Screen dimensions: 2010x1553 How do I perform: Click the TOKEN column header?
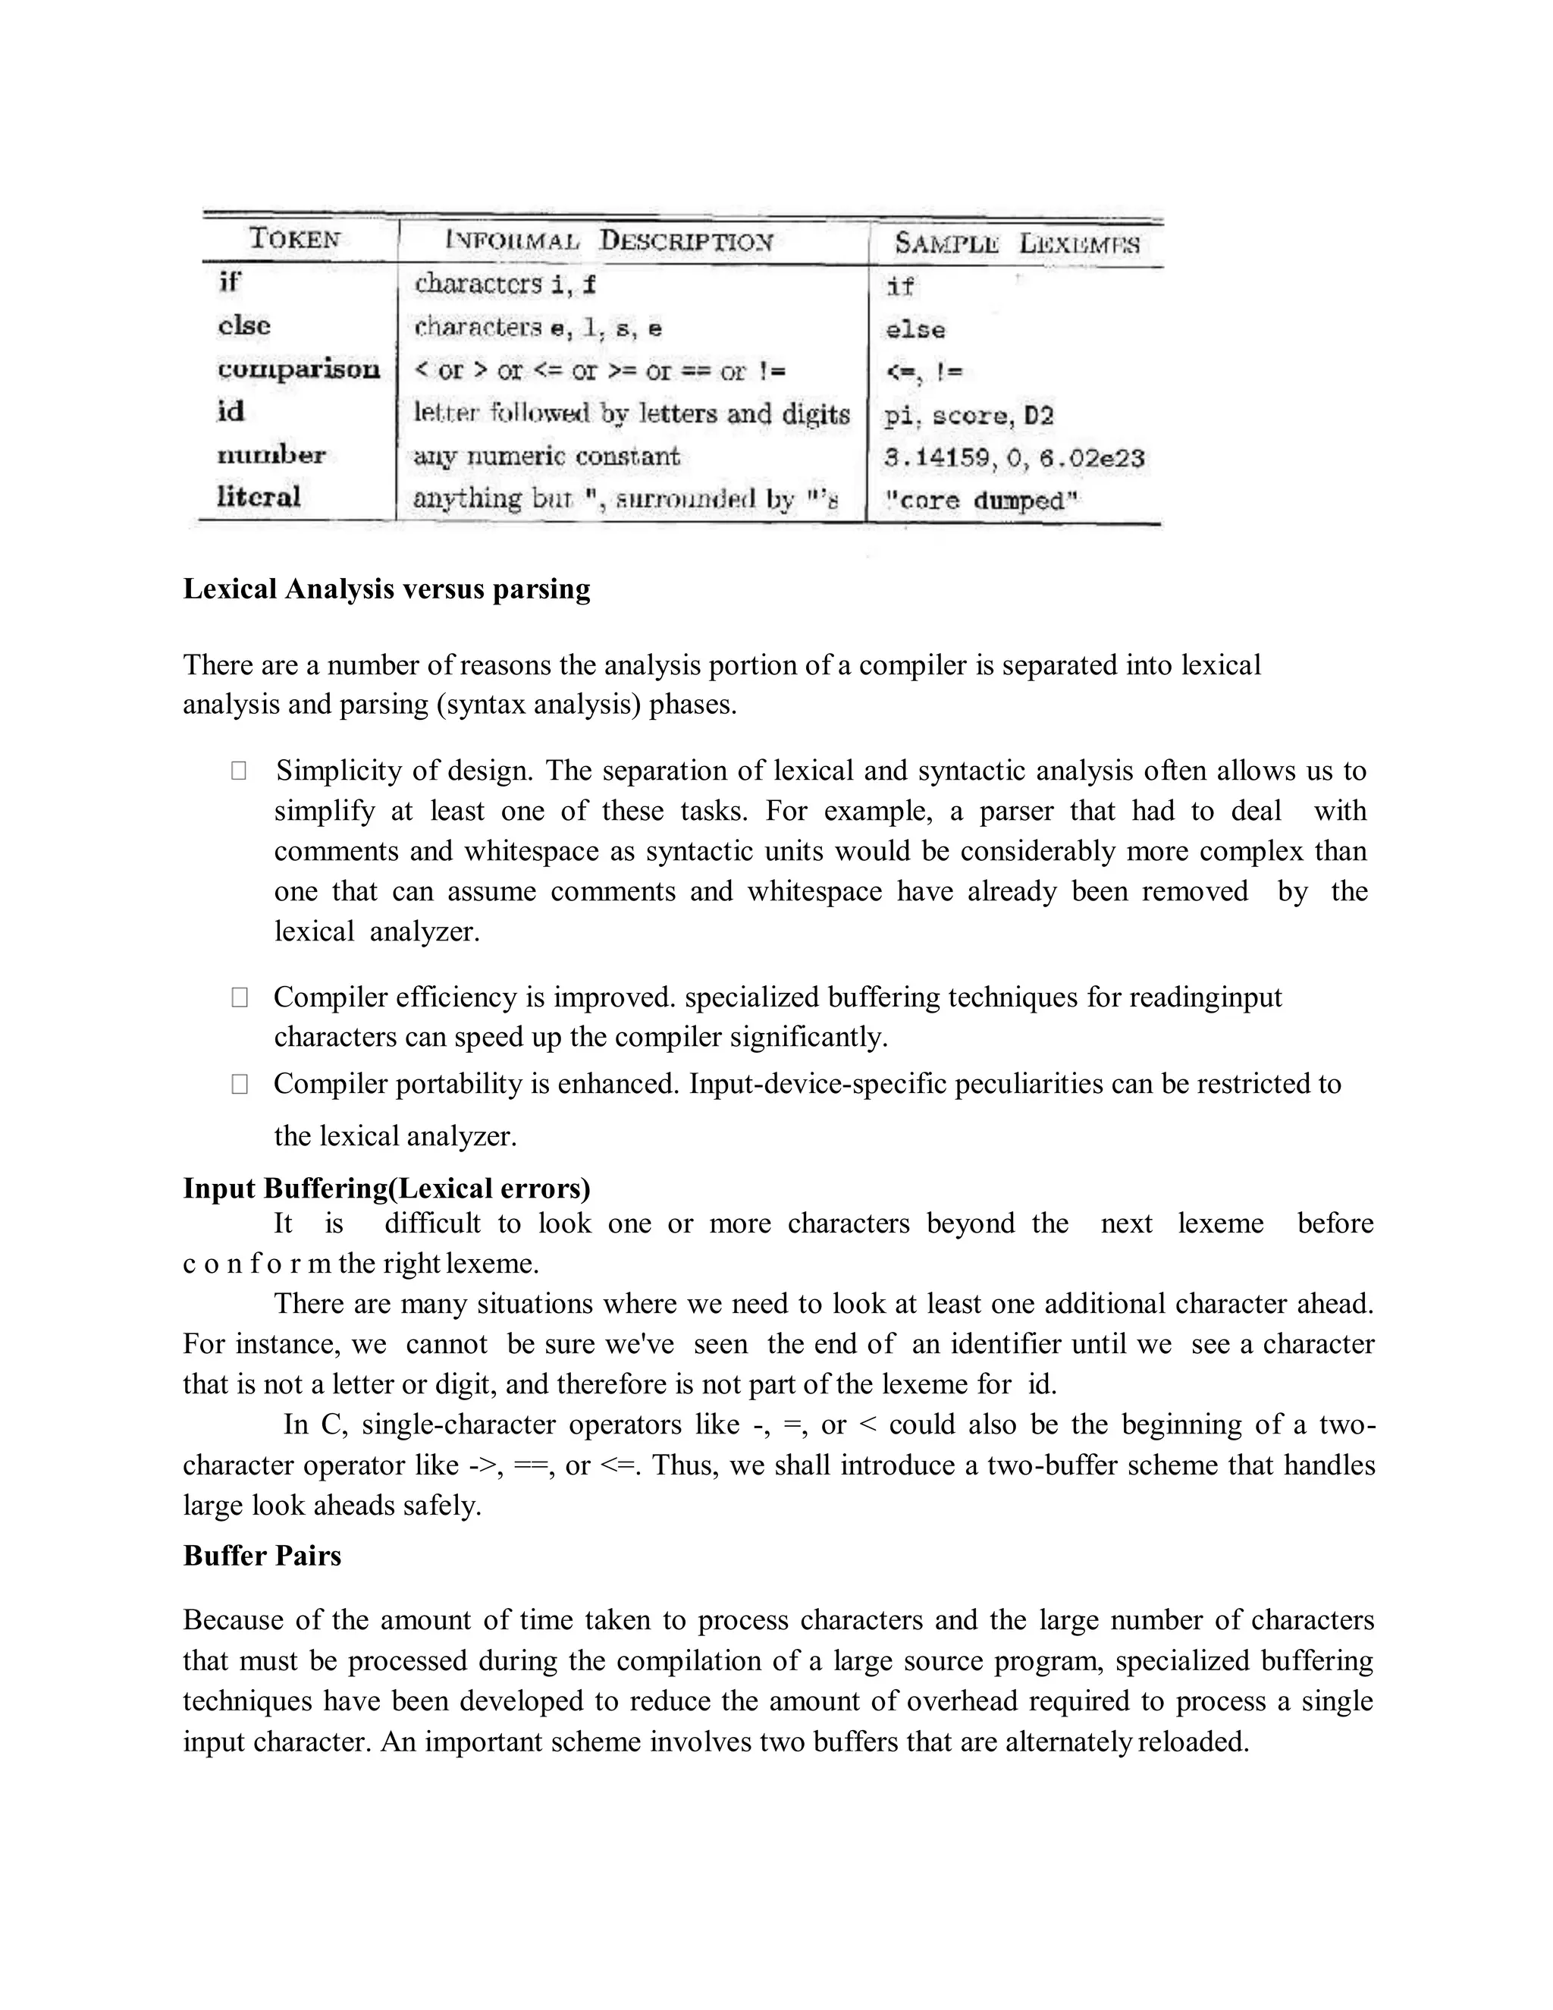[294, 239]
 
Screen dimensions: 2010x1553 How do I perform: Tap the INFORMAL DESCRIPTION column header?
[609, 241]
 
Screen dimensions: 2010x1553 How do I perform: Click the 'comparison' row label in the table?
[298, 369]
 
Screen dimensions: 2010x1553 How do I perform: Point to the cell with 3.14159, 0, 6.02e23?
[1014, 457]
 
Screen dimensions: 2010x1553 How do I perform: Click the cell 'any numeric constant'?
[547, 457]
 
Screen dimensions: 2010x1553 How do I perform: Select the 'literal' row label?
[259, 497]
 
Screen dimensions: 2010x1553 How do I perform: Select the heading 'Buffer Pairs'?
[262, 1556]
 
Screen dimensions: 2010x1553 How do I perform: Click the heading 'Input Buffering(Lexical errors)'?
[387, 1188]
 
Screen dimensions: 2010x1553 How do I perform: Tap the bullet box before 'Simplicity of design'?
[238, 771]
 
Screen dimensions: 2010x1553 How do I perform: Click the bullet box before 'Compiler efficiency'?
[239, 997]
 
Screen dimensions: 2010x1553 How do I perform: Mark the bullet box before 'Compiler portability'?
[239, 1084]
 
